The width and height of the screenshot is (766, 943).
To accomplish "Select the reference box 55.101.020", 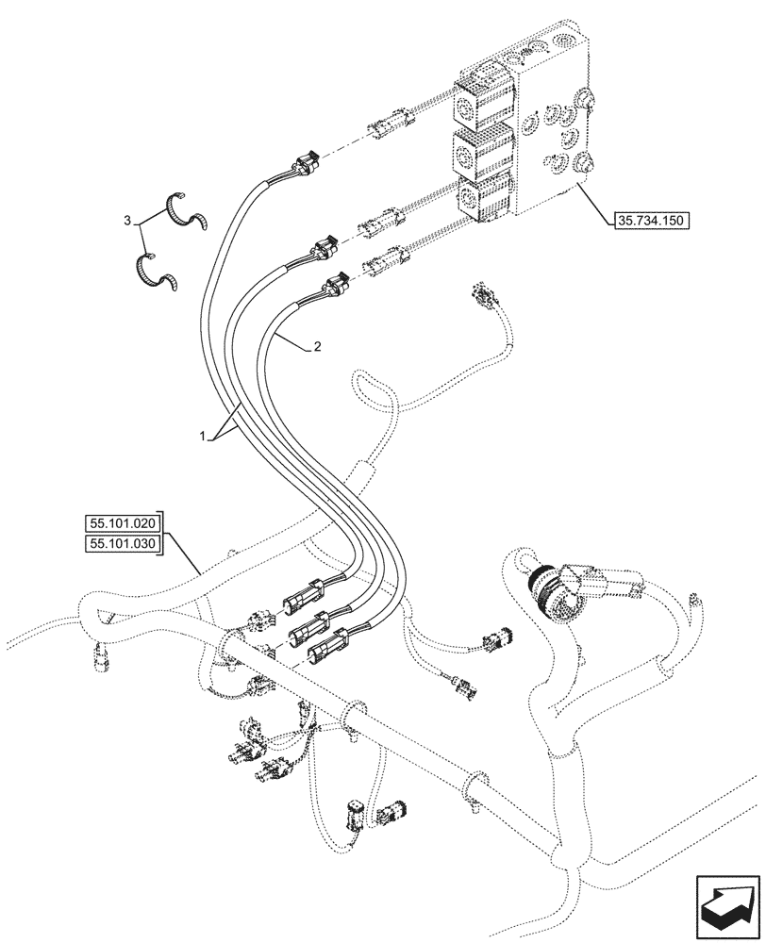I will (124, 523).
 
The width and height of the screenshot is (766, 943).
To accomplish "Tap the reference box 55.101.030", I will (124, 544).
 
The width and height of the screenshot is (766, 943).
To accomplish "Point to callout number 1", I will (201, 436).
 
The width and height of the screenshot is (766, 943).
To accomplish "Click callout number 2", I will (317, 347).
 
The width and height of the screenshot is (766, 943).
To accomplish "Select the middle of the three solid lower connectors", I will (311, 625).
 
